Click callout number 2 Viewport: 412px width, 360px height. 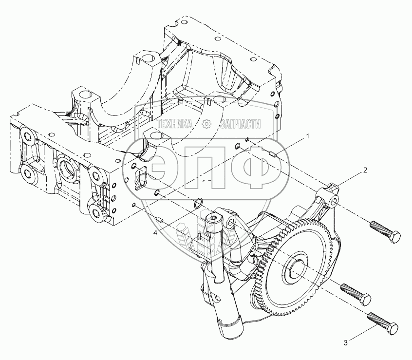click(x=364, y=171)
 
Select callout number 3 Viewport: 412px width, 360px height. click(x=346, y=343)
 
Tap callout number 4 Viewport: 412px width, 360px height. click(x=155, y=233)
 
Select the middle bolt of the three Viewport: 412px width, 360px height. click(x=356, y=293)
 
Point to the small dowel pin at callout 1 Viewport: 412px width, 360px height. click(x=273, y=155)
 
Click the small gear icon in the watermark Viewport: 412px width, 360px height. click(x=206, y=125)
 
